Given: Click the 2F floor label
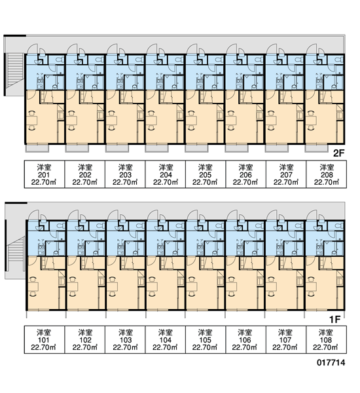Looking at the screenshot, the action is pos(339,153).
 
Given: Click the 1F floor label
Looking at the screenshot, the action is pos(335,320).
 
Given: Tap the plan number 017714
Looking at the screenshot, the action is pos(331,362).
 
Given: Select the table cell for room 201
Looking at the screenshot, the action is pos(45,174).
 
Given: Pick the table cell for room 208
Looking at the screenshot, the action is pos(327,174).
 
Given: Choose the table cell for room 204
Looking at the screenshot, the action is pos(166,174).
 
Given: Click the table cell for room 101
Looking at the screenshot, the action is pos(45,339).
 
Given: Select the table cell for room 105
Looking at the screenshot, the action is pos(206,339).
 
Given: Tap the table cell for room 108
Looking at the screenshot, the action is pos(327,339).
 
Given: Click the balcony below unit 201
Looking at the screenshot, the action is pos(37,149).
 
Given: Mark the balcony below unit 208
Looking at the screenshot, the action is pos(316,149).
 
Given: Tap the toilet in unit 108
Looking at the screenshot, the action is pos(340,225).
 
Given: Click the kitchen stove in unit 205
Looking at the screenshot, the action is pos(200,81).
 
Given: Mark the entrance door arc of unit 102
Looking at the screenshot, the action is pos(73,215).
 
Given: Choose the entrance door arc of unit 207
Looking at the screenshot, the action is pos(272,49).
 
